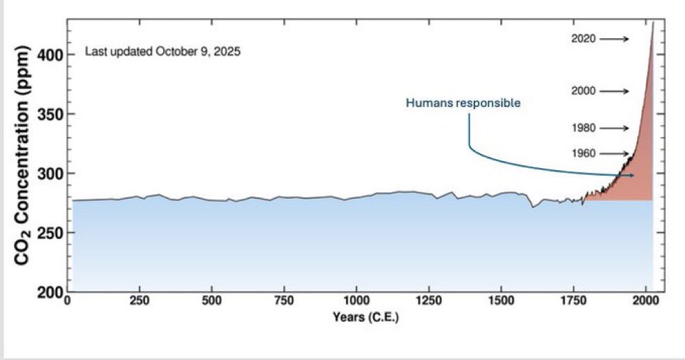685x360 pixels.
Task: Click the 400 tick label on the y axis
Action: [x=51, y=54]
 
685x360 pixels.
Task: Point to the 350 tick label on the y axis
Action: [x=51, y=114]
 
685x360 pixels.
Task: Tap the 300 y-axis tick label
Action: [x=51, y=173]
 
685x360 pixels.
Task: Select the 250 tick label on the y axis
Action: [x=51, y=233]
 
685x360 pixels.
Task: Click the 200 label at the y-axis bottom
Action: [x=51, y=292]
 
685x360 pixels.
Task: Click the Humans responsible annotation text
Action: [x=463, y=103]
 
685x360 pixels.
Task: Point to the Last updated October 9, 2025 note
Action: [x=163, y=51]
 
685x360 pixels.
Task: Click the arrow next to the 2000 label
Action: [x=614, y=91]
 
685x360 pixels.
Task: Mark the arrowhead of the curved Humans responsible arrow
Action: [x=632, y=175]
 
